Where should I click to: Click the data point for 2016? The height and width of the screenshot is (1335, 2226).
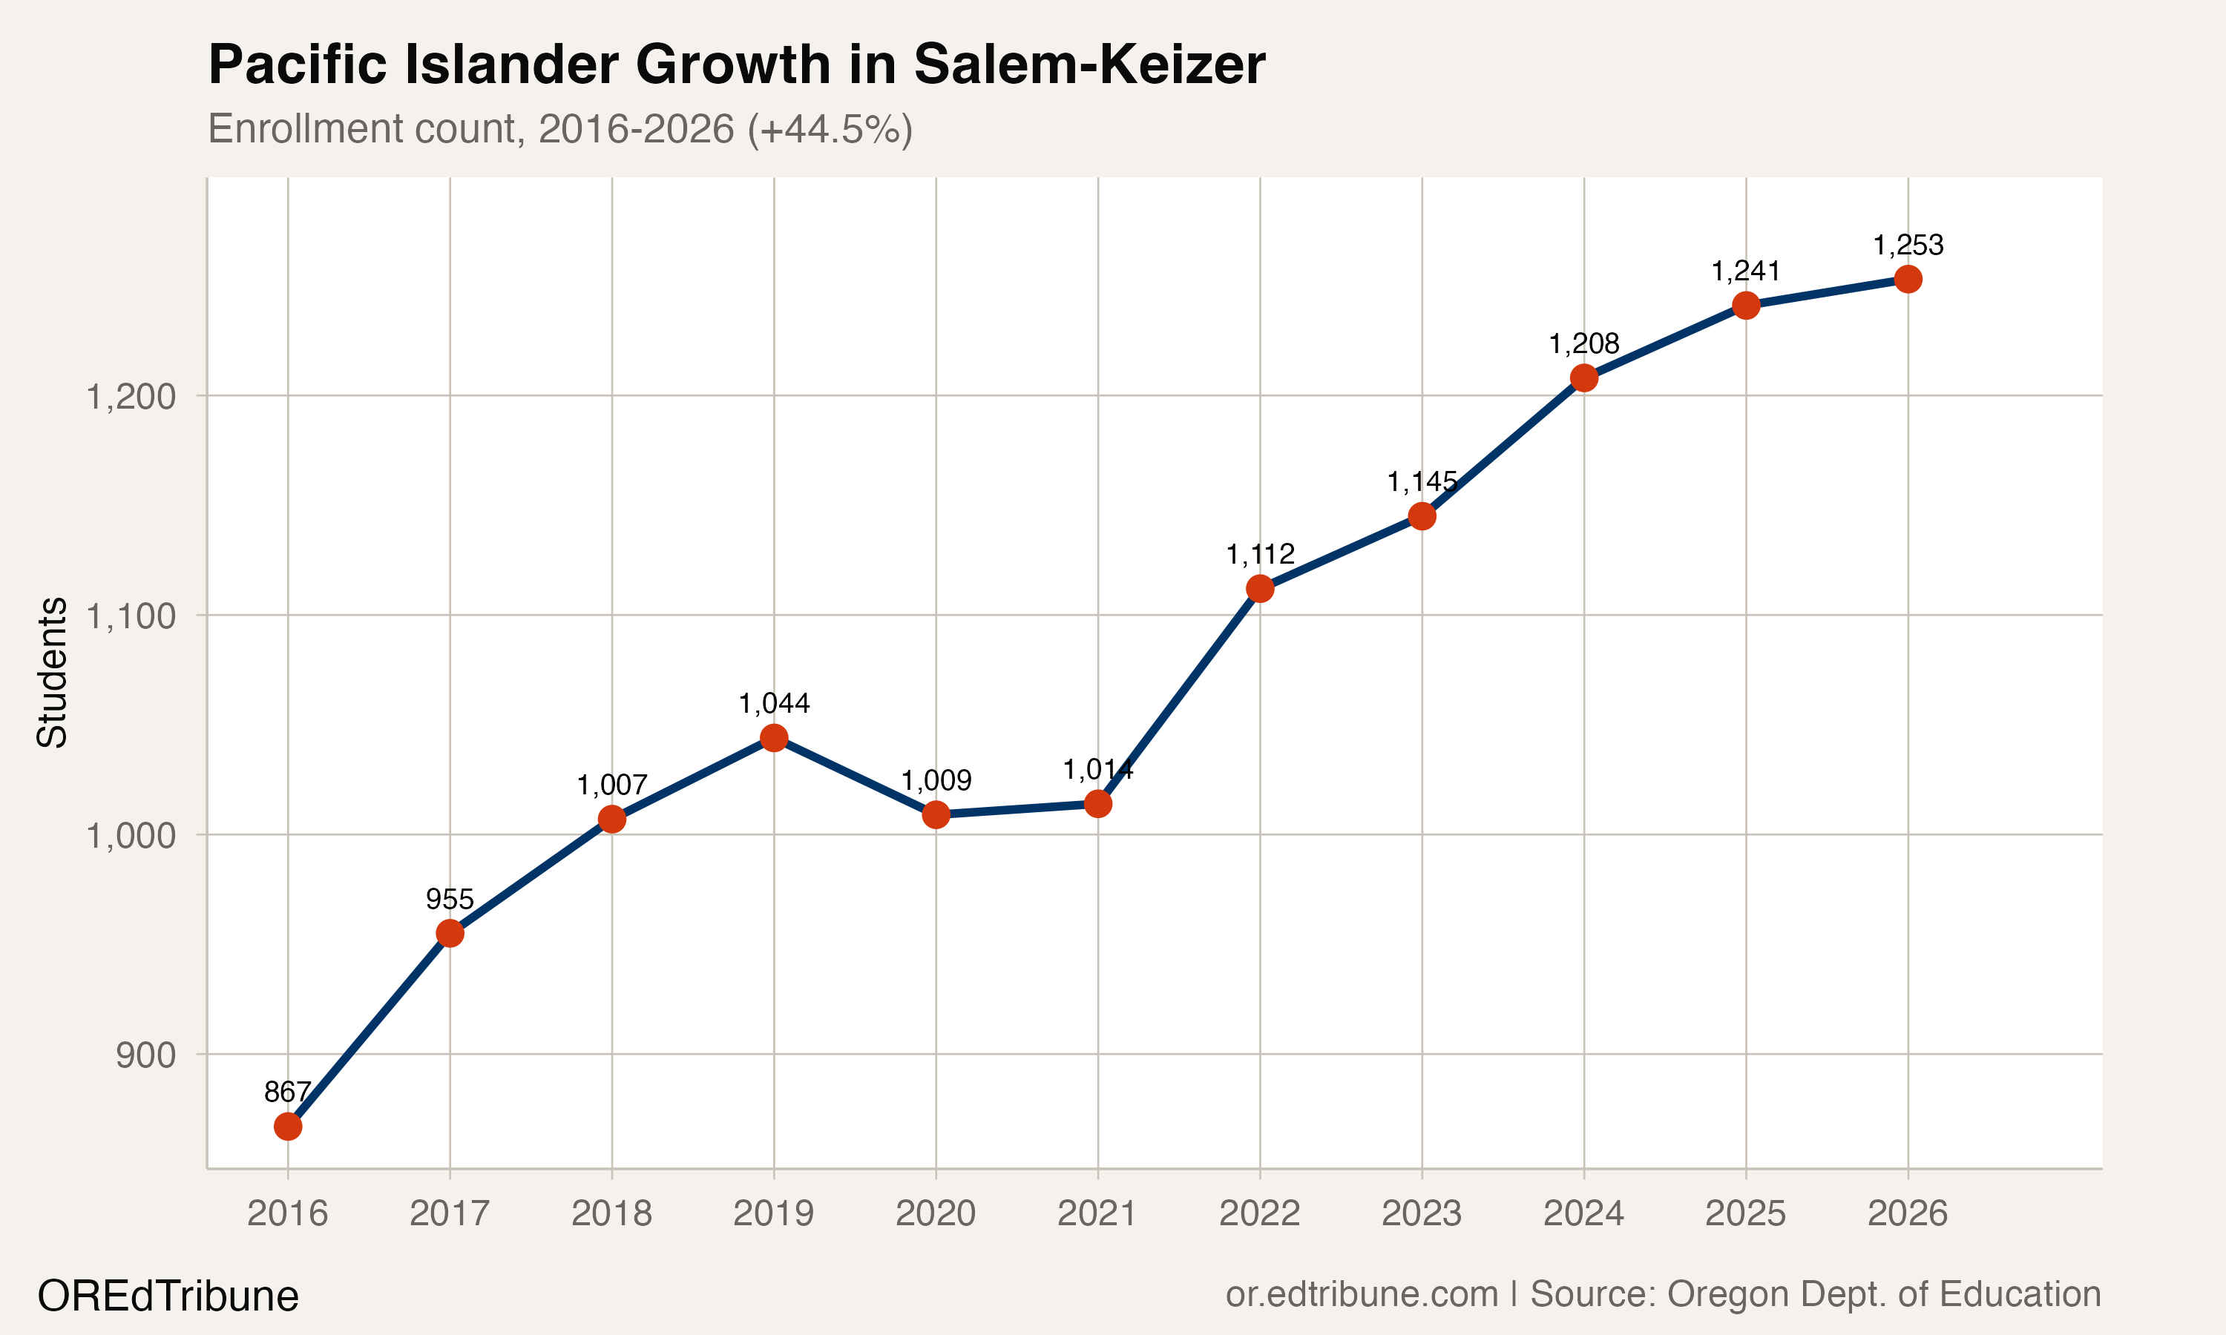pos(288,1127)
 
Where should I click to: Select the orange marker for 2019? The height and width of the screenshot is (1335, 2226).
pos(774,738)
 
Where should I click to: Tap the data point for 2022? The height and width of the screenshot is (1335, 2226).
pos(1260,589)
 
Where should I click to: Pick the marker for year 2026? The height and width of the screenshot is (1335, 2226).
pos(1908,279)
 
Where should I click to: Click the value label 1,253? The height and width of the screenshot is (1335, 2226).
pos(1908,245)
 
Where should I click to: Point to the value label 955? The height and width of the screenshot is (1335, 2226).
pos(449,899)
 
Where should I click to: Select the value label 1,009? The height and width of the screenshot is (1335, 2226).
pos(936,780)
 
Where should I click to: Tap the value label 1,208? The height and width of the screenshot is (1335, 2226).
pos(1583,343)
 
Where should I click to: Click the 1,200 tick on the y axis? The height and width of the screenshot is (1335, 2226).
pos(131,397)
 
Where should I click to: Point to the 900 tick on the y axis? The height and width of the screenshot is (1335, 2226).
pos(145,1055)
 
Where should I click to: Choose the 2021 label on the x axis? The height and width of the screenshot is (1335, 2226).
pos(1097,1213)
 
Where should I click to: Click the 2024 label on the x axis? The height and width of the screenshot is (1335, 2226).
pos(1583,1213)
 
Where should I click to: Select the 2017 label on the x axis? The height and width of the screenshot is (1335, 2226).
pos(449,1213)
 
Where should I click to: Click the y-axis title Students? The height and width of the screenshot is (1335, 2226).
pos(52,672)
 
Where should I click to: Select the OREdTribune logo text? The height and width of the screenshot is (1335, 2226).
pos(168,1296)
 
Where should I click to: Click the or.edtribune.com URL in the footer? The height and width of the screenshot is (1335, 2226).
pos(1362,1294)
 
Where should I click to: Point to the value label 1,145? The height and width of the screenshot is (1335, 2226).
pos(1422,482)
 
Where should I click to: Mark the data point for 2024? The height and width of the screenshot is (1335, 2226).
pos(1583,378)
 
